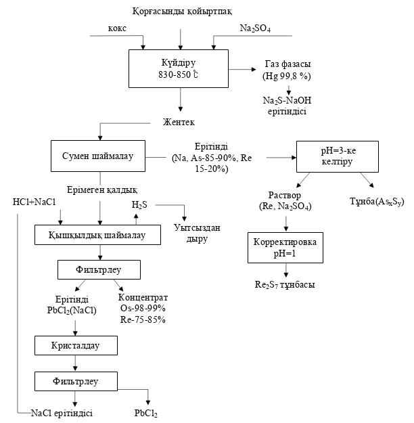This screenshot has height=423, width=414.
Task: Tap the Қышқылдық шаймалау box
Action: tap(99, 235)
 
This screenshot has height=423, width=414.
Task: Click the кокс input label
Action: tap(117, 28)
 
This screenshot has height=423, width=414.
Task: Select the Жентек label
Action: tap(179, 123)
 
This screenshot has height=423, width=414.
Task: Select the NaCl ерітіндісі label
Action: tap(62, 412)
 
